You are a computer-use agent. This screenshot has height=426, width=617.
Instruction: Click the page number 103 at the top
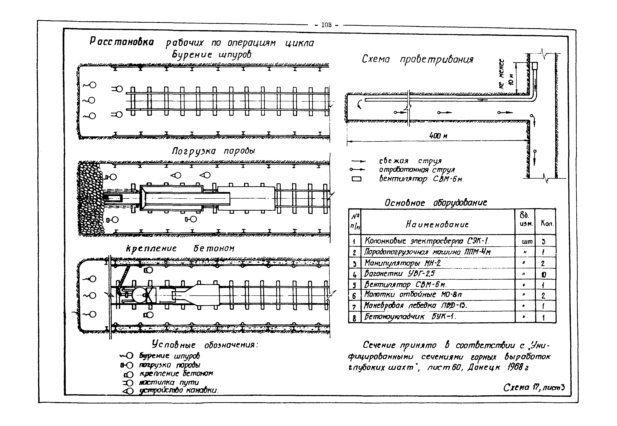(326, 25)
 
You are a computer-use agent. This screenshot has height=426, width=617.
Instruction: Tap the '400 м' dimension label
(438, 136)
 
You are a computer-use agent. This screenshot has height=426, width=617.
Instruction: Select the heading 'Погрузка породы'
(213, 151)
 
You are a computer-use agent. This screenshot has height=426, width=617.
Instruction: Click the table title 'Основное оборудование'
(436, 203)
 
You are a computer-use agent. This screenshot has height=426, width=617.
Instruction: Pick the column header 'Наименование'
(437, 225)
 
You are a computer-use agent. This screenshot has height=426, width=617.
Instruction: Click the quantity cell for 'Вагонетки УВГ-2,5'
(544, 274)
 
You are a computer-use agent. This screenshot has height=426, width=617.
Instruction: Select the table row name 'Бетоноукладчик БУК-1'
(410, 317)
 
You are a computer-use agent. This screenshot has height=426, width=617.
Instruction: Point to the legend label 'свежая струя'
(410, 161)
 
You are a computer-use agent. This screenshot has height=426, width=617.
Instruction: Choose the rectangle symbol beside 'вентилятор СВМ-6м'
(356, 179)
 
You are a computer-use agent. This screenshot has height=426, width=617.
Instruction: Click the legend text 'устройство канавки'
(179, 390)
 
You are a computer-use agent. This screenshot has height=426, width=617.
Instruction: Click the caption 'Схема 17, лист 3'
(534, 387)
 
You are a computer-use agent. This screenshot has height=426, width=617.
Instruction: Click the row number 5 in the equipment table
(354, 285)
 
